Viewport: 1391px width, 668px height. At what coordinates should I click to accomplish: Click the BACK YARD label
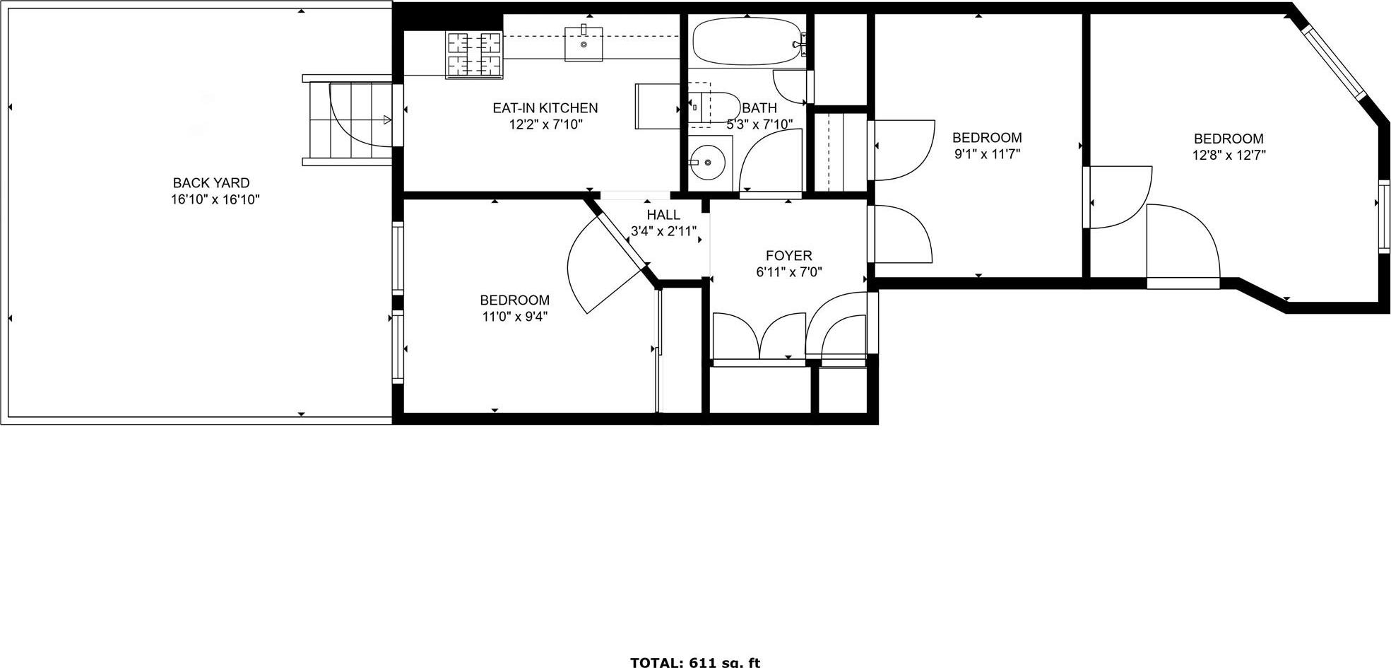[211, 183]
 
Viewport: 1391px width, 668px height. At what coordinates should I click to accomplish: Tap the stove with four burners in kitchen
[473, 54]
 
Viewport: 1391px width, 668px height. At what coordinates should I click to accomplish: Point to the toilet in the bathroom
[714, 107]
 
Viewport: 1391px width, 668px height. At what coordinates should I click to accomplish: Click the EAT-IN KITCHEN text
[545, 108]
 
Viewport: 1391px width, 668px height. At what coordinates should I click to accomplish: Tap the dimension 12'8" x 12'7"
[1229, 156]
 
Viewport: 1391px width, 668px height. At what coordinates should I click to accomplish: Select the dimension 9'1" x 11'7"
[987, 154]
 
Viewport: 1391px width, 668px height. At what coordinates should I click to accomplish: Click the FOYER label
[788, 255]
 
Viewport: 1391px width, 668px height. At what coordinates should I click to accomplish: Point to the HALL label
[663, 215]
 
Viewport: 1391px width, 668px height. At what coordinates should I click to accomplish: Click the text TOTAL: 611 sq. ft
[694, 662]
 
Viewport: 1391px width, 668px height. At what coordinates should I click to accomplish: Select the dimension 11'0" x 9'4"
[514, 317]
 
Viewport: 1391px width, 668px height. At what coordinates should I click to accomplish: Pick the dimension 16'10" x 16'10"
[215, 200]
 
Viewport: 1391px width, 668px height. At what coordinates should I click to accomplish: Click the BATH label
[759, 108]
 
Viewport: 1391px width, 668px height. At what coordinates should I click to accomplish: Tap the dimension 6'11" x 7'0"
[788, 271]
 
